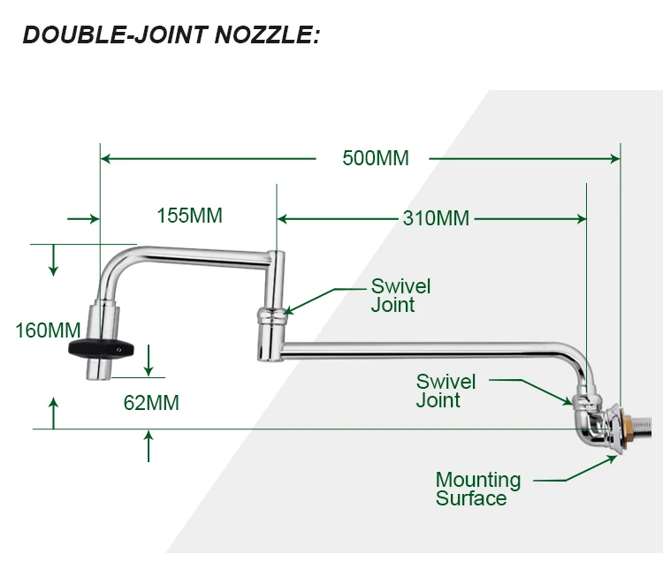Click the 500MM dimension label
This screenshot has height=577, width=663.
click(376, 158)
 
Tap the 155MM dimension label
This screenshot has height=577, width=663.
click(189, 215)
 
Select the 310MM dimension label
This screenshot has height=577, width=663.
click(436, 218)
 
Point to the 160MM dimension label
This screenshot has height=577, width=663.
click(48, 330)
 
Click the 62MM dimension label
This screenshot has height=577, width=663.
click(151, 403)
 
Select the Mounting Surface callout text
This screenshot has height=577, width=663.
click(477, 489)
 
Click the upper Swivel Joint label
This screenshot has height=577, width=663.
click(400, 295)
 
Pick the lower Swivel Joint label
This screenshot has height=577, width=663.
click(446, 391)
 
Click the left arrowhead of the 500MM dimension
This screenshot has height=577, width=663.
click(106, 159)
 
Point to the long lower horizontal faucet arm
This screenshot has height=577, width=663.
click(424, 351)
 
